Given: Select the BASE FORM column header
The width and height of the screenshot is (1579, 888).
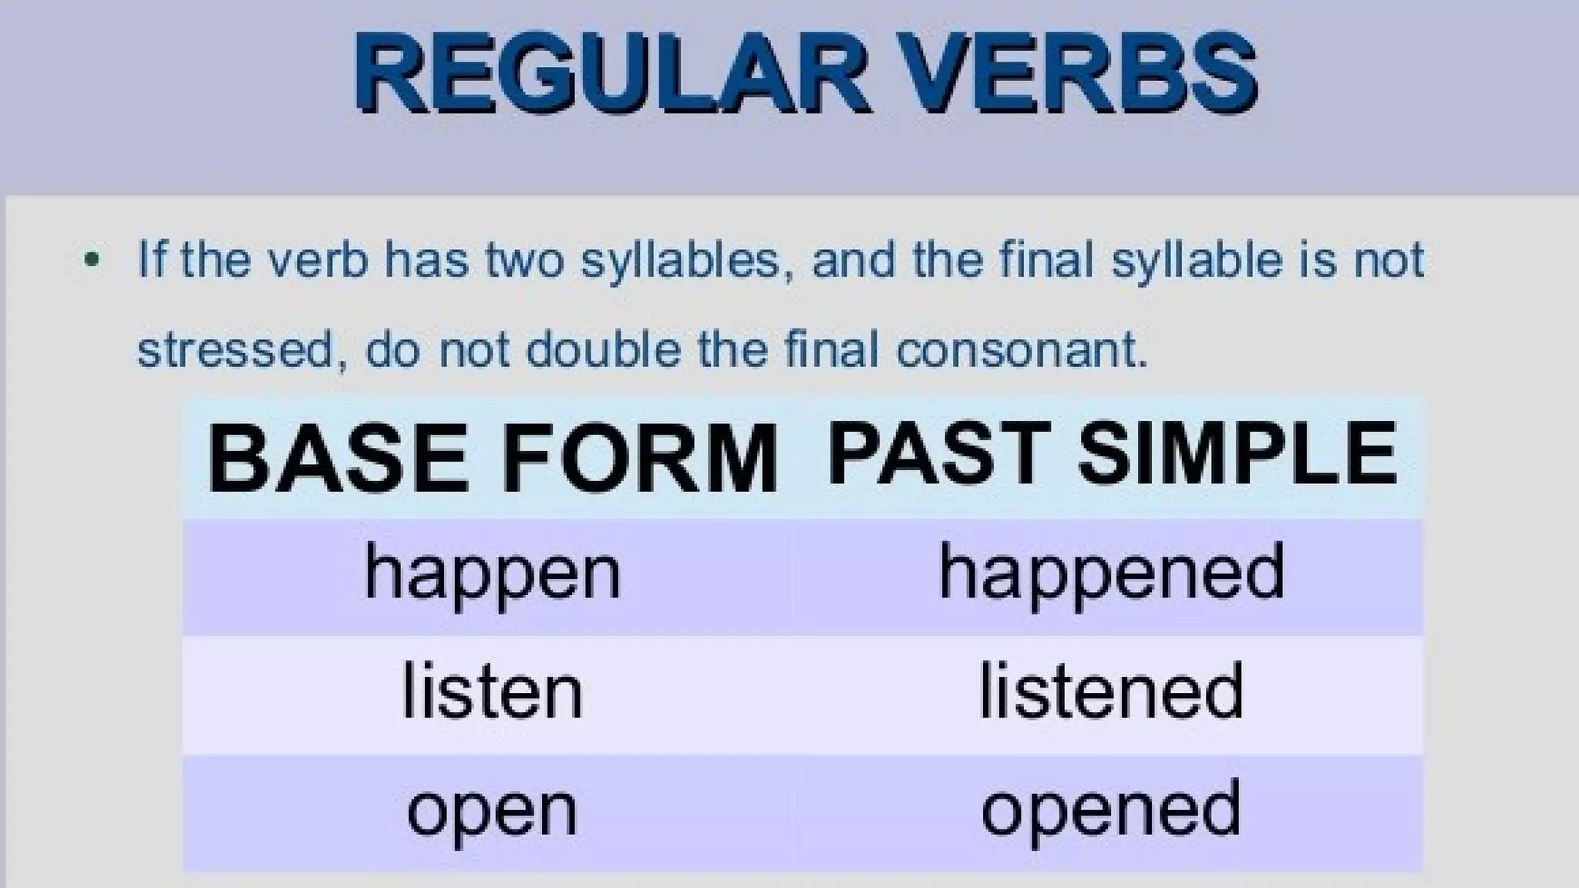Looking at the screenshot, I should click(x=492, y=459).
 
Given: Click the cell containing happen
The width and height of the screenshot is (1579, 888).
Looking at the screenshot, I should click(x=492, y=574).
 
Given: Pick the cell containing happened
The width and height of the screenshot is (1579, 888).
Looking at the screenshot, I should click(x=1111, y=574).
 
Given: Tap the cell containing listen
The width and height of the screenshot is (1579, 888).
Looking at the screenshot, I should click(x=492, y=692).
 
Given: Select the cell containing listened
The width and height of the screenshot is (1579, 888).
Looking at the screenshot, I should click(x=1111, y=692).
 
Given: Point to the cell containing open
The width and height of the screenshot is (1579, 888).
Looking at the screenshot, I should click(x=492, y=811).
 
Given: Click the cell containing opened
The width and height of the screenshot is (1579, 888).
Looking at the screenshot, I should click(x=1111, y=811).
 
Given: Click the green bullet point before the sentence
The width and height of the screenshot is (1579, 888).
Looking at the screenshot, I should click(x=92, y=260).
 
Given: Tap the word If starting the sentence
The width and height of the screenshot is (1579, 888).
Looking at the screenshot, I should click(x=151, y=260).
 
